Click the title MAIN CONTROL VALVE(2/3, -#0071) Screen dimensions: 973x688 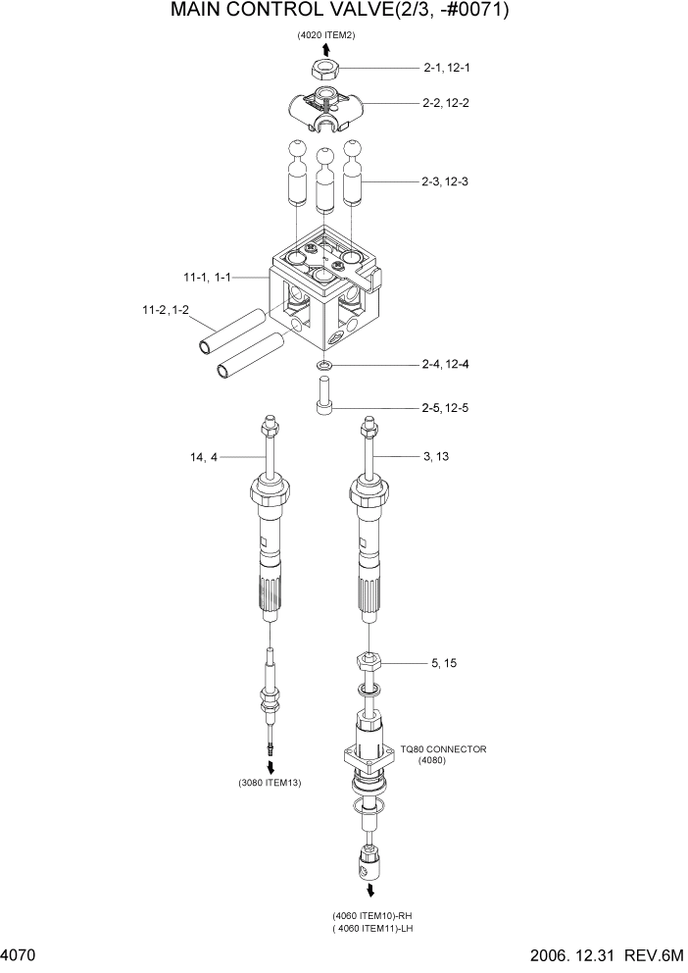click(x=340, y=13)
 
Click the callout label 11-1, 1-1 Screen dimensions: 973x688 click(x=206, y=279)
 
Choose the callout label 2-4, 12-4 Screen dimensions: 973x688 click(x=446, y=365)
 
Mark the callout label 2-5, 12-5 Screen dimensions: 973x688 click(x=446, y=407)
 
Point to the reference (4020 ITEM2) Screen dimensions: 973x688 click(x=326, y=35)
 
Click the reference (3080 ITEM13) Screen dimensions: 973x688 click(x=270, y=783)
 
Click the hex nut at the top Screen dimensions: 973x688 click(x=325, y=69)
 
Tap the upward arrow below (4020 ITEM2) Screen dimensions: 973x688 click(x=325, y=49)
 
